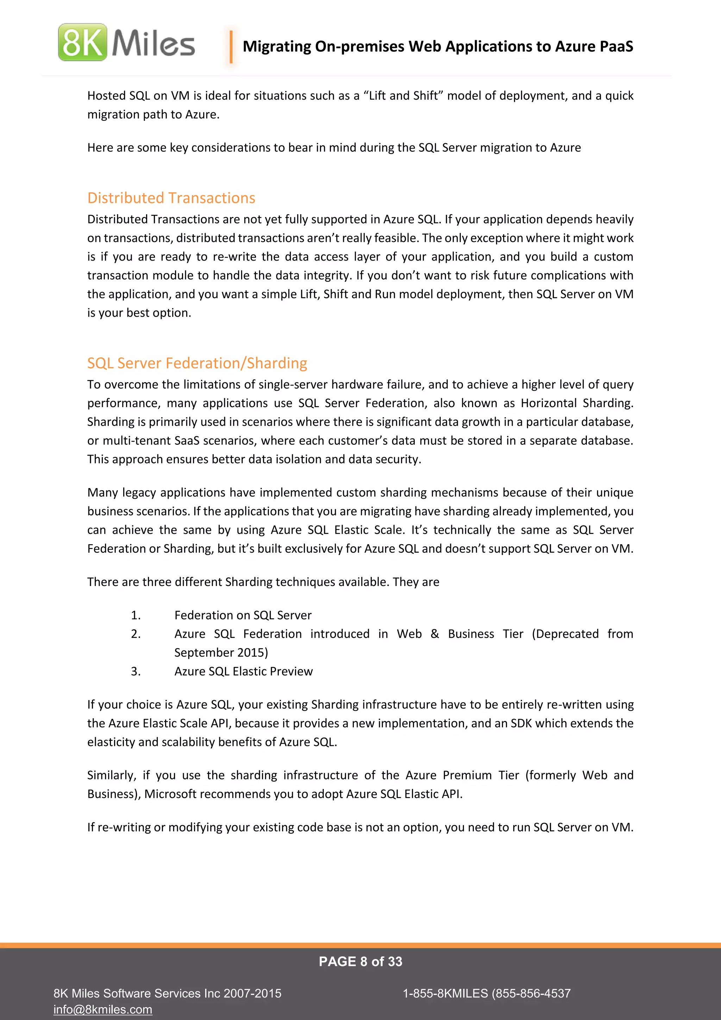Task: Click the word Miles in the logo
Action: [153, 43]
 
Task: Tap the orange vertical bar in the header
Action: [231, 46]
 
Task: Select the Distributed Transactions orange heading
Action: [171, 198]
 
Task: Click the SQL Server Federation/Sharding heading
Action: [197, 363]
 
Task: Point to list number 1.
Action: [136, 615]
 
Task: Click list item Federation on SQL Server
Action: [243, 615]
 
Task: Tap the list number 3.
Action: [136, 671]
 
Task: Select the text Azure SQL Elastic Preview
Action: [243, 671]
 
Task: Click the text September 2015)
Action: [221, 653]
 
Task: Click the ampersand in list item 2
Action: [435, 634]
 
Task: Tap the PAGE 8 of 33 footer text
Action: [360, 962]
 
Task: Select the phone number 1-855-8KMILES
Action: [445, 993]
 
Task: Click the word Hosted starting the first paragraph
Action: [107, 96]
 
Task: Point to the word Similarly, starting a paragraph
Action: [112, 775]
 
